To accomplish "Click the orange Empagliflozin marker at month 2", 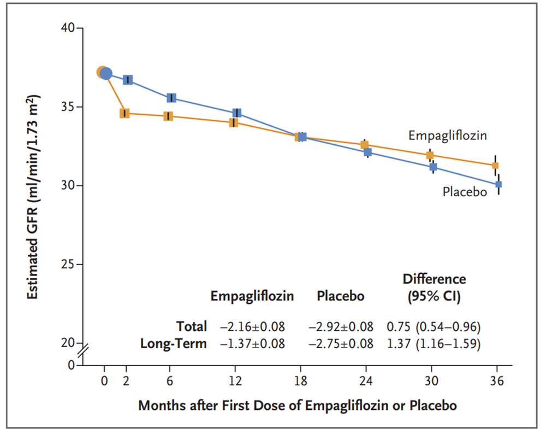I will tap(124, 113).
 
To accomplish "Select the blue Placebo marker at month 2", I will tap(128, 80).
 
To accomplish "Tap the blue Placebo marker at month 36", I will tap(498, 185).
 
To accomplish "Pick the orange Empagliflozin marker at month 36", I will tap(495, 166).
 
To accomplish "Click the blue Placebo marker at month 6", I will tap(171, 98).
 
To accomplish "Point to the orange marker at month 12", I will tap(234, 122).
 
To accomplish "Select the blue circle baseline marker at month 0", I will tap(106, 73).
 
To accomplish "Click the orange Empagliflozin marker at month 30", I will tap(430, 155).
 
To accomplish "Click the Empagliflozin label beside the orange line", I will tap(448, 136).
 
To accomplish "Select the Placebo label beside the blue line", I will tap(465, 192).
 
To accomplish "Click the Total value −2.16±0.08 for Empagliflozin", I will tap(252, 327).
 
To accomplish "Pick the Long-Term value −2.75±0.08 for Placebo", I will tap(341, 344).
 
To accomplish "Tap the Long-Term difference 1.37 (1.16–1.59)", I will tap(434, 344).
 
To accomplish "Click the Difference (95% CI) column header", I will tap(434, 287).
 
